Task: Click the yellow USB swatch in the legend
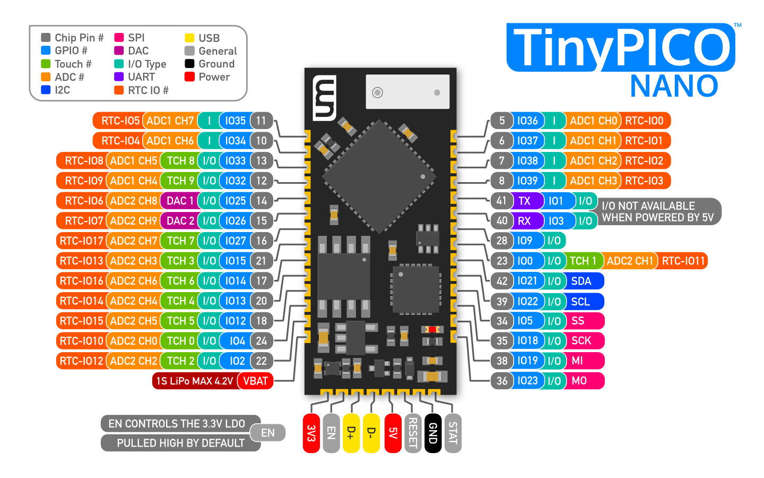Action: point(189,38)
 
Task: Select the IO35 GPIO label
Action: point(235,121)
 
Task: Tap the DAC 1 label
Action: point(180,201)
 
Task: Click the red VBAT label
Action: point(255,381)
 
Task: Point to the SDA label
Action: point(581,281)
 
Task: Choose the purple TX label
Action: point(524,201)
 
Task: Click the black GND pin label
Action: point(433,433)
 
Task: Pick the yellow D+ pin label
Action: point(351,433)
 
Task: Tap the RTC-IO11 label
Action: point(683,261)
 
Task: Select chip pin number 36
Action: point(502,381)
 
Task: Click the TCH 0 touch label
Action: point(180,341)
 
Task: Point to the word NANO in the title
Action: point(674,86)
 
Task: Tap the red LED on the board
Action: point(432,329)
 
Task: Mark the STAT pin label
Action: point(453,433)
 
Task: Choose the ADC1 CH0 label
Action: point(593,121)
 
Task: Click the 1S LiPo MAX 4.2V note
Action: point(194,381)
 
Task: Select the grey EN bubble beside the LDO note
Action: point(268,433)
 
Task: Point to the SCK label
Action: point(581,340)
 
